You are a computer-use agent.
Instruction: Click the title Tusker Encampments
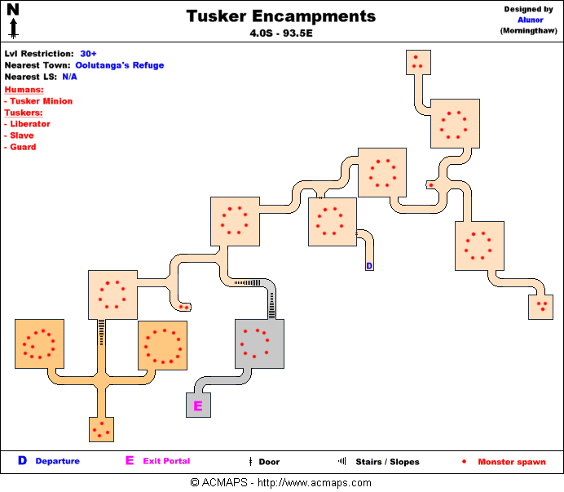click(x=281, y=16)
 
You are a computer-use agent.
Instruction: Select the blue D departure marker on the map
click(x=368, y=266)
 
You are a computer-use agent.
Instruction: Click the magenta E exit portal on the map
click(x=196, y=405)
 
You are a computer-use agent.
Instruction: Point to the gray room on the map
click(x=259, y=344)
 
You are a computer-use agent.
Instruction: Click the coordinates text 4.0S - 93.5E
click(x=281, y=34)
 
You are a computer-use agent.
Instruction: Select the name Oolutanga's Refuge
click(x=120, y=65)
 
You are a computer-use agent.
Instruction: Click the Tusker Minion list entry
click(x=41, y=101)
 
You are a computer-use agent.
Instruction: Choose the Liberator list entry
click(x=30, y=124)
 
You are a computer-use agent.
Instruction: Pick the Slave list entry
click(x=23, y=135)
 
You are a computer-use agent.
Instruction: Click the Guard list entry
click(x=24, y=147)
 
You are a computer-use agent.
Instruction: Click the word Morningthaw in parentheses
click(x=527, y=31)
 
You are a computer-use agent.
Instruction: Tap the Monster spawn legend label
click(x=512, y=462)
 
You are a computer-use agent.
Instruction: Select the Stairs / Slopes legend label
click(x=387, y=462)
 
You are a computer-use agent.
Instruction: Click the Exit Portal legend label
click(x=166, y=461)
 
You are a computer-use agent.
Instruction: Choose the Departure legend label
click(x=57, y=461)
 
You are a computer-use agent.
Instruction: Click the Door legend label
click(x=269, y=462)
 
